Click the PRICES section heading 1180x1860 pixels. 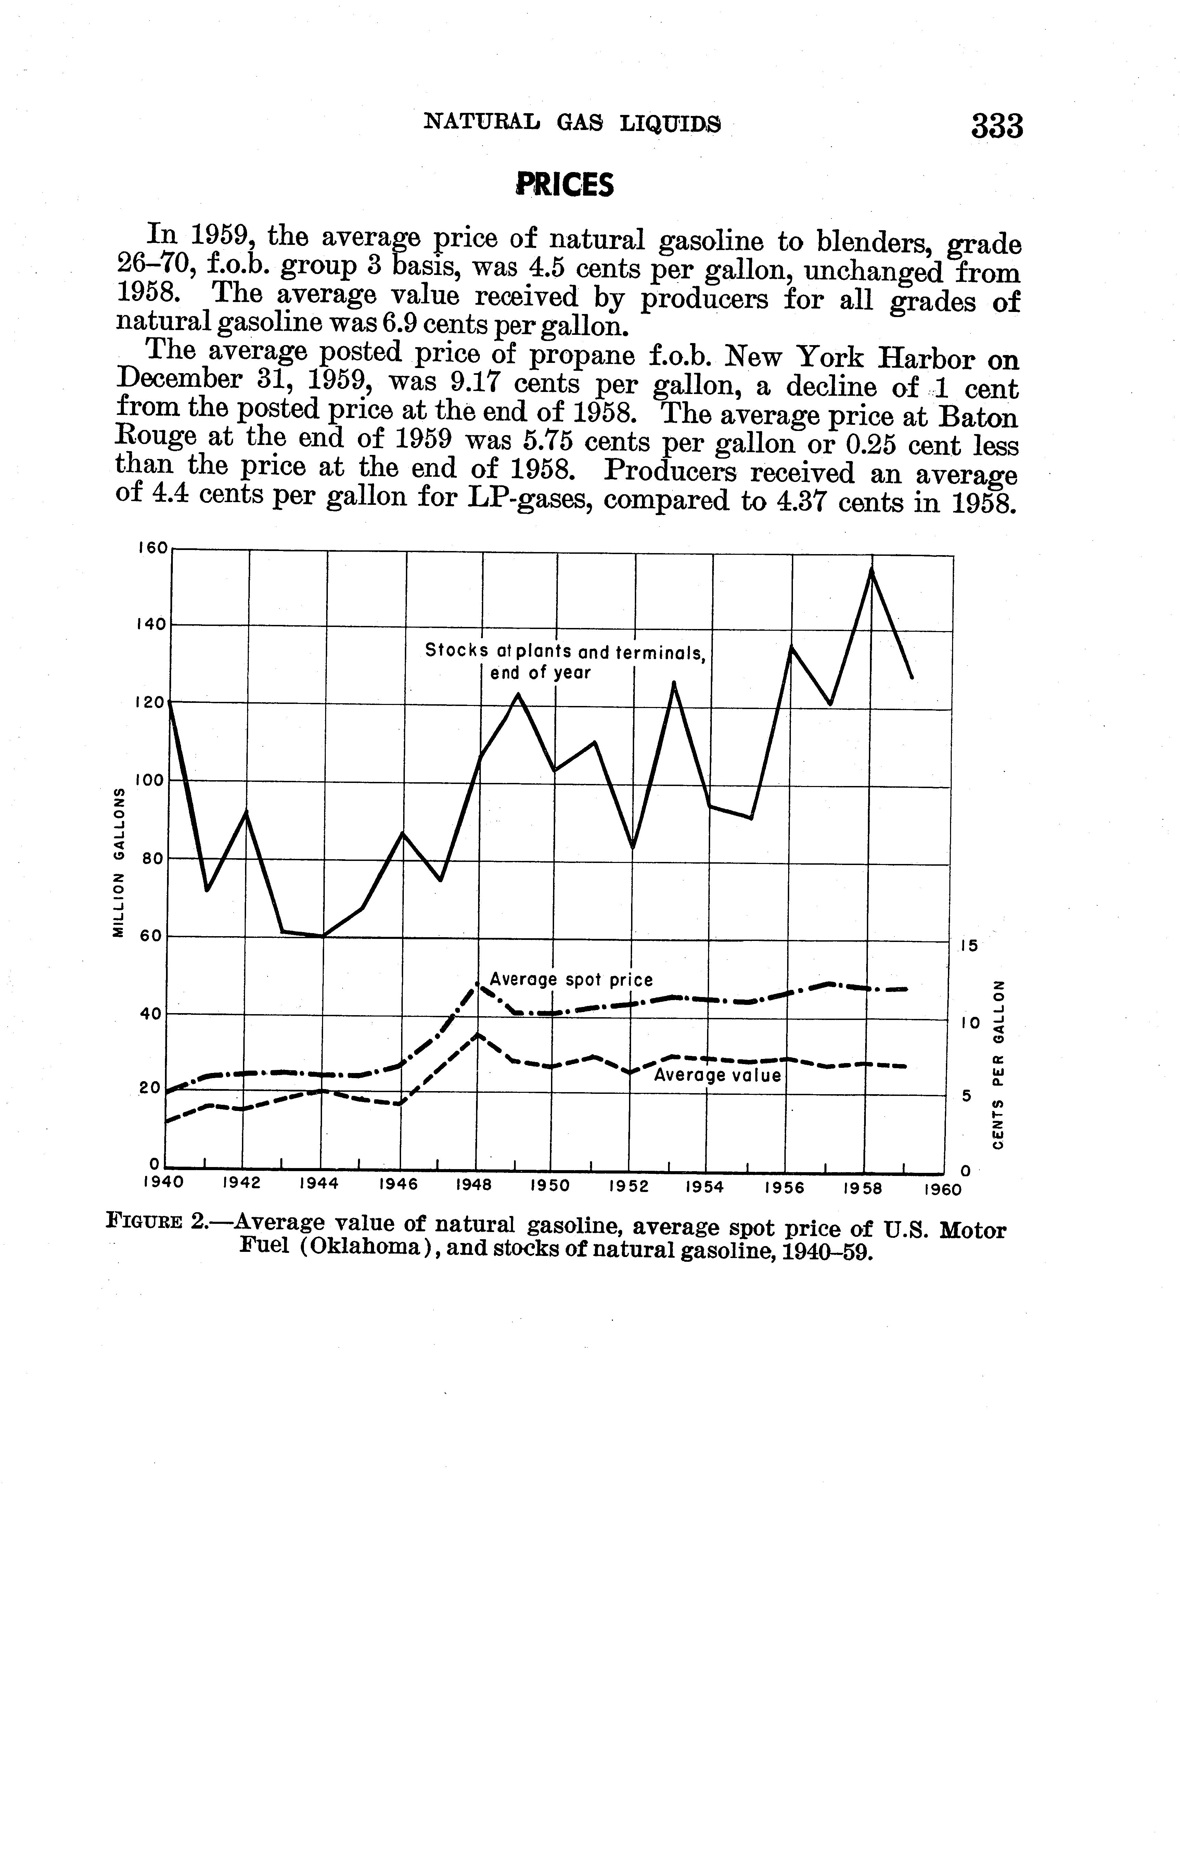pos(565,185)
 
